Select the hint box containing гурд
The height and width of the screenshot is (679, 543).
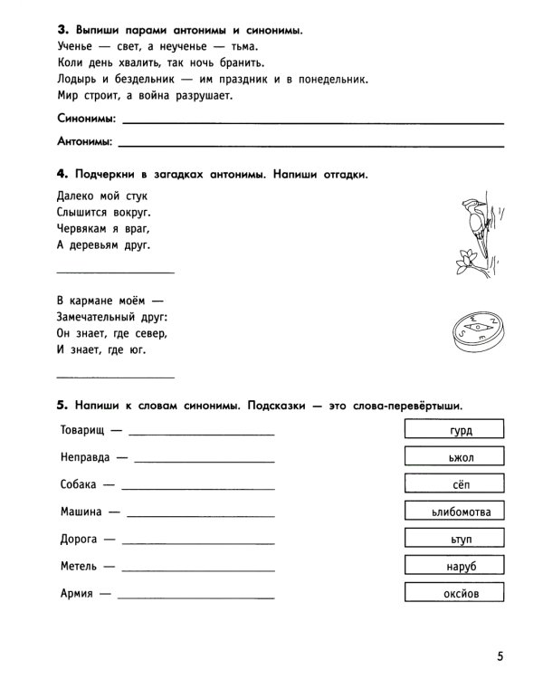click(x=461, y=430)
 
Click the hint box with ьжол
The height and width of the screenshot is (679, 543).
click(x=461, y=457)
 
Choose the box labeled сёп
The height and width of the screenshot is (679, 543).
click(x=461, y=484)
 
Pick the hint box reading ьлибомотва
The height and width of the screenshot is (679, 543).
click(x=461, y=512)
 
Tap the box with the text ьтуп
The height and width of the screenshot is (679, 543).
click(x=461, y=539)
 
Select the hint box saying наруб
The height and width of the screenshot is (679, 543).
click(x=461, y=566)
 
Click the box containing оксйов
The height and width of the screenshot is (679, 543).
click(x=461, y=594)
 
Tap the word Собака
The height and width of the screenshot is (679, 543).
click(x=79, y=484)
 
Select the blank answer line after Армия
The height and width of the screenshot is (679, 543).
click(x=195, y=597)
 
